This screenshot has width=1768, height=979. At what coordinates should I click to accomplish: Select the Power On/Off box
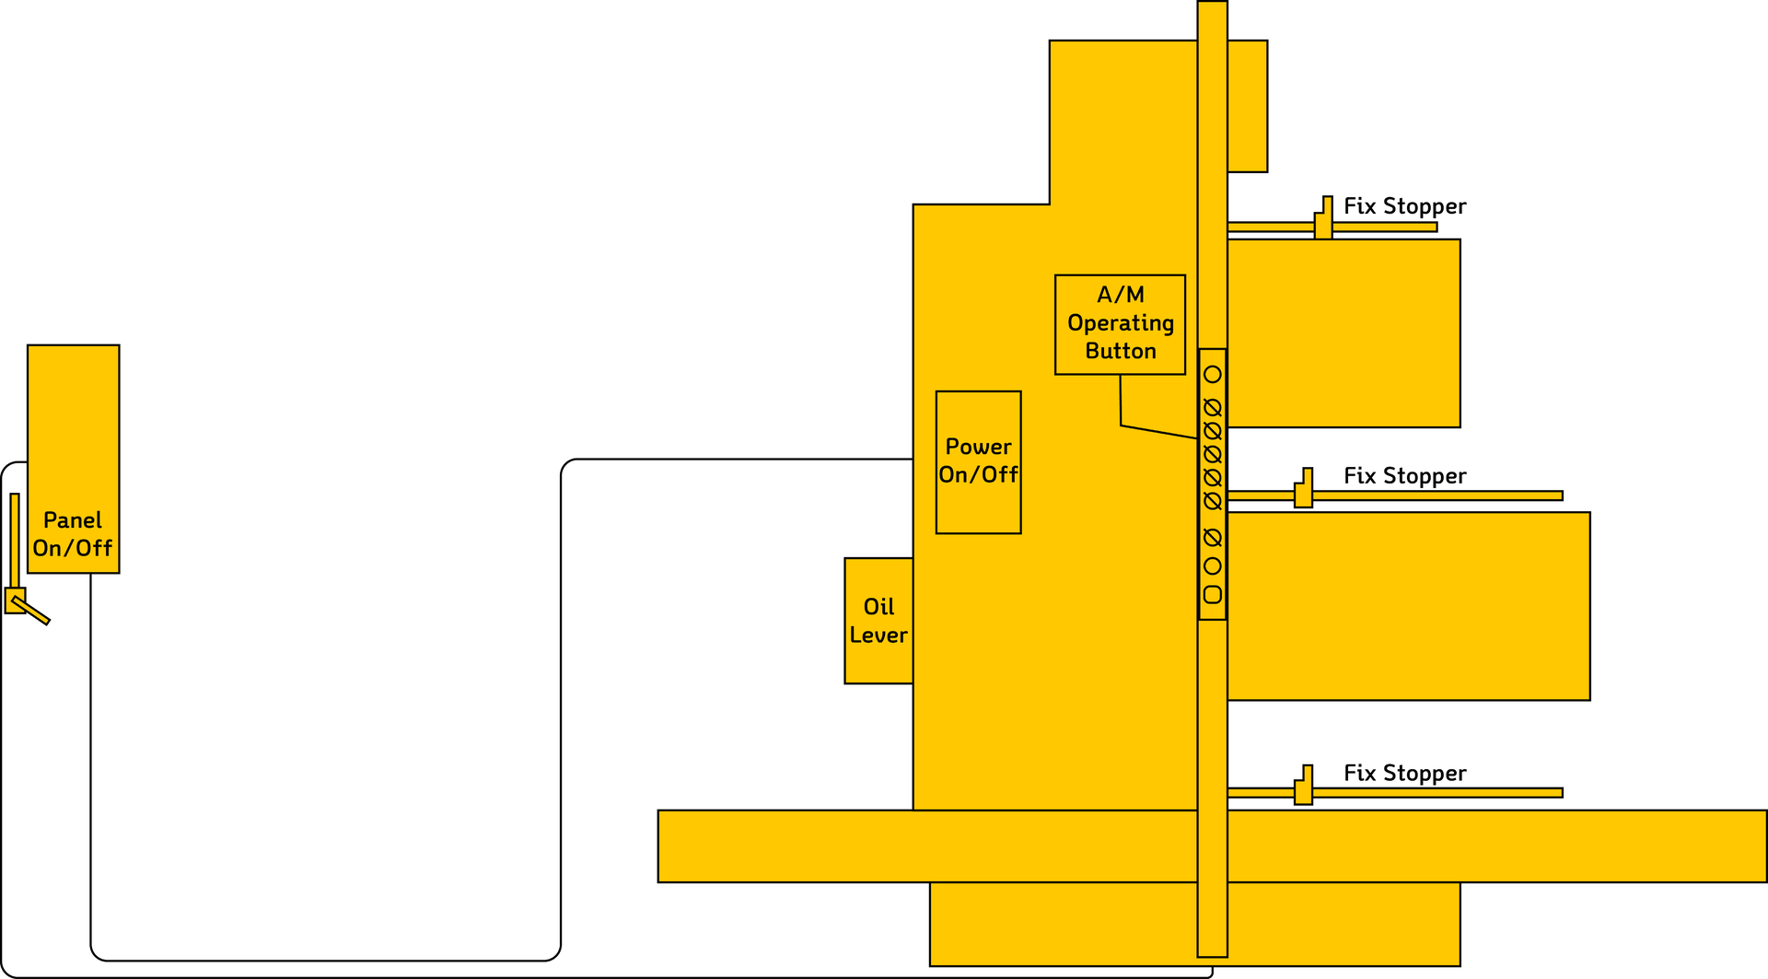[978, 461]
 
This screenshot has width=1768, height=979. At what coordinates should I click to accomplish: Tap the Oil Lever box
[878, 621]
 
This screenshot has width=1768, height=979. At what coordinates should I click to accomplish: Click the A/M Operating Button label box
[1120, 324]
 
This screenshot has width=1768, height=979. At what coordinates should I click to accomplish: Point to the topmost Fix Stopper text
[1404, 206]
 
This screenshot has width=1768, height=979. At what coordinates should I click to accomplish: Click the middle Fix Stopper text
[1404, 476]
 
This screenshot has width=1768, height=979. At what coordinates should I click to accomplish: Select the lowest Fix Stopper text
[1404, 774]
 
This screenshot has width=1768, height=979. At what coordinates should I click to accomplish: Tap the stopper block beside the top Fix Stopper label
[1323, 221]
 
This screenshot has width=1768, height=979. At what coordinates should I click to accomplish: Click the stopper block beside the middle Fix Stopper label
[1304, 491]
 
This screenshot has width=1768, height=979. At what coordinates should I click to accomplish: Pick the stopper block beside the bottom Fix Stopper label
[1304, 788]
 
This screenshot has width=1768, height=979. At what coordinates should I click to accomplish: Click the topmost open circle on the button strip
[1213, 375]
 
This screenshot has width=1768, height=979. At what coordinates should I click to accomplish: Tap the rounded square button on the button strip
[1213, 595]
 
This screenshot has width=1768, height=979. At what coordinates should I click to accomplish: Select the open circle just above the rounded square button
[1213, 566]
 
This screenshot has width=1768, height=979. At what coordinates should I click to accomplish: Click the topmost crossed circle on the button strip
[1213, 408]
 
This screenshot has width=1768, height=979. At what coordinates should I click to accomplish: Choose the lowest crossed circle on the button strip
[1213, 538]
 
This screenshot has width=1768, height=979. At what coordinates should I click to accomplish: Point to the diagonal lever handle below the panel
[33, 612]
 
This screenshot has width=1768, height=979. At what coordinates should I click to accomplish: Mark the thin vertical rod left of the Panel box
[15, 539]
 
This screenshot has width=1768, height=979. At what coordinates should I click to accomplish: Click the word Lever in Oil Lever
[878, 635]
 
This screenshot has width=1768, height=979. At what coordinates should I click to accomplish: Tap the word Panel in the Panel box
[73, 520]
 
